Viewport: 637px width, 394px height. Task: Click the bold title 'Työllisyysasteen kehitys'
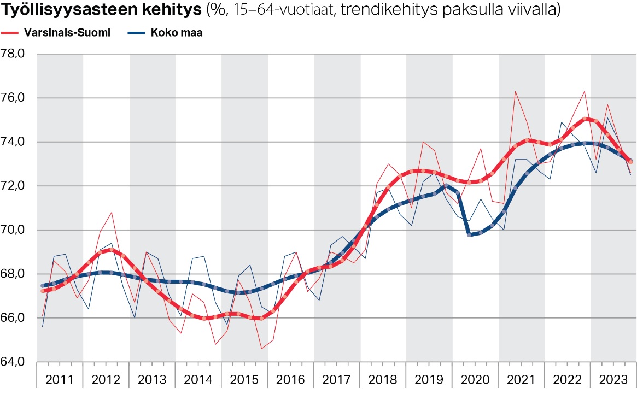102,10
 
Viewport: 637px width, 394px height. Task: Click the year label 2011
60,379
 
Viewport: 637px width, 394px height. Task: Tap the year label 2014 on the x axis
198,379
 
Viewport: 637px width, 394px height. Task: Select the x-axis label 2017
337,379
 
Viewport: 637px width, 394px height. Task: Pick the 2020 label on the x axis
475,379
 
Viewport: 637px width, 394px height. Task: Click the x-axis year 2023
613,379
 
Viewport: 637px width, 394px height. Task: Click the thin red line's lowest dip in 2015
261,349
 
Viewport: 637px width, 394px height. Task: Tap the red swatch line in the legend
11,33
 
